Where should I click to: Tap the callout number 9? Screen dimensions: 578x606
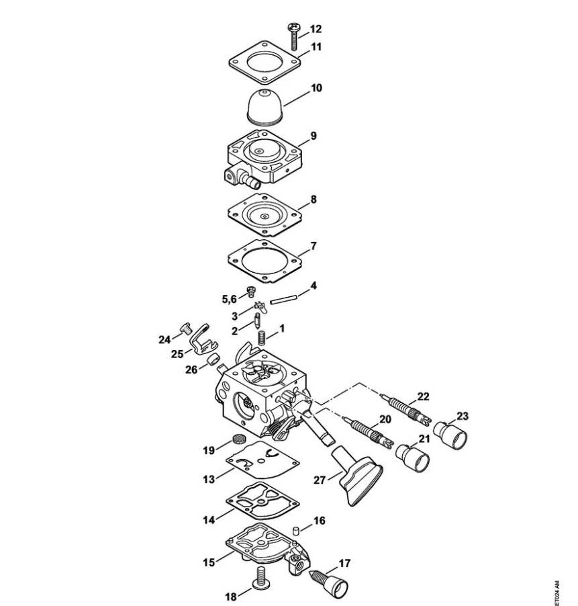point(313,136)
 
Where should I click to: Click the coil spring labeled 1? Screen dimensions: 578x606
point(262,338)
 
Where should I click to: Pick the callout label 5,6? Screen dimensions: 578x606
point(229,299)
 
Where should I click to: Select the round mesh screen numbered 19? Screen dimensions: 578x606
point(240,438)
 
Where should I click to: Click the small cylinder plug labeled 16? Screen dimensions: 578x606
point(296,530)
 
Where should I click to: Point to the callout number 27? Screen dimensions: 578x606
point(320,480)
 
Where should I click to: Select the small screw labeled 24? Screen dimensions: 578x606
point(186,329)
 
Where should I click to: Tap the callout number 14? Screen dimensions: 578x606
point(209,520)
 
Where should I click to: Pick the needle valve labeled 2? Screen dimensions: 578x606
point(256,320)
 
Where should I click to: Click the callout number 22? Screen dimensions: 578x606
point(423,396)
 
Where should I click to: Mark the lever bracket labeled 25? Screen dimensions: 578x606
point(203,341)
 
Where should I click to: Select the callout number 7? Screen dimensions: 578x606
point(313,246)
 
